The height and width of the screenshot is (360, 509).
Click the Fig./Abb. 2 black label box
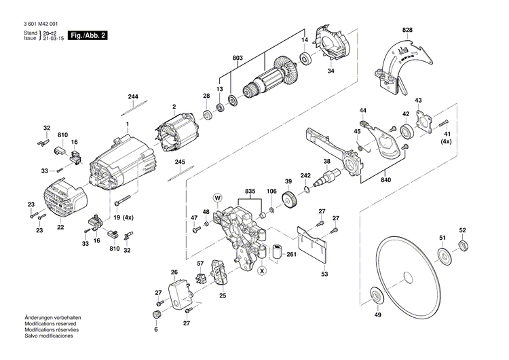pos(90,35)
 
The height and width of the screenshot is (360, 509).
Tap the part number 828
pos(407,31)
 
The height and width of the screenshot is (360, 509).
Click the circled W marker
pos(218,198)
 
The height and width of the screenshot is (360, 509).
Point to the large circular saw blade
pos(407,275)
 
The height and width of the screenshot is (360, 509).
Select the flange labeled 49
pos(375,296)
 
